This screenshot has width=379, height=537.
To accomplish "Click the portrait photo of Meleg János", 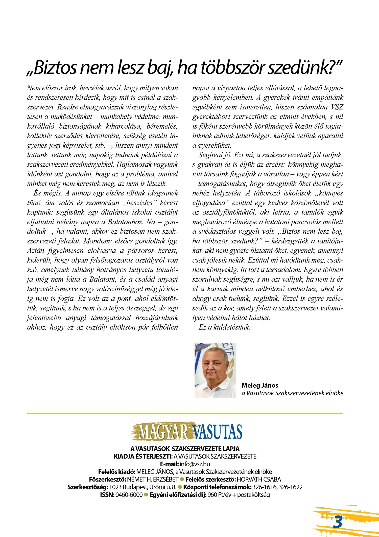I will pyautogui.click(x=215, y=370).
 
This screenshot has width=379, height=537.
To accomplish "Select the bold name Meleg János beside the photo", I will pyautogui.click(x=260, y=385).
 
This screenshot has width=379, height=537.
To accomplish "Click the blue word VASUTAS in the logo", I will pyautogui.click(x=217, y=432).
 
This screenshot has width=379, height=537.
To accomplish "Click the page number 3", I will pyautogui.click(x=338, y=522).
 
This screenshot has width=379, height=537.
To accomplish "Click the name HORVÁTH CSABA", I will pyautogui.click(x=259, y=480).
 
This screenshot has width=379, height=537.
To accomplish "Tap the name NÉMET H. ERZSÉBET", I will pyautogui.click(x=153, y=480).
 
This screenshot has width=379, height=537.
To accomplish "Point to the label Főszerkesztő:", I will pyautogui.click(x=107, y=480).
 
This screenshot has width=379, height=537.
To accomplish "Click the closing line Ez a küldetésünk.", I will pyautogui.click(x=224, y=327).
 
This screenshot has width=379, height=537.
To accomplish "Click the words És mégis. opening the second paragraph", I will pyautogui.click(x=48, y=193).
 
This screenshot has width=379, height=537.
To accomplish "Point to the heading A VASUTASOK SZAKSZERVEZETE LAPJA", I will pyautogui.click(x=185, y=449).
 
